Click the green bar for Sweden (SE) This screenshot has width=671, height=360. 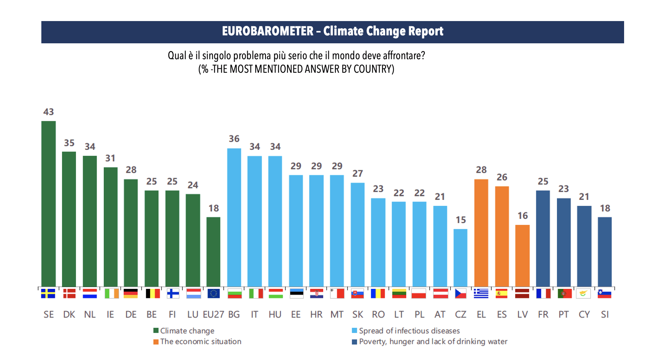click(48, 203)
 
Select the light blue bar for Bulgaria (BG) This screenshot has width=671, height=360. click(234, 217)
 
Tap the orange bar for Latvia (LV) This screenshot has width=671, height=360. click(522, 255)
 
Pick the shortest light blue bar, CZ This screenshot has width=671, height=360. click(460, 257)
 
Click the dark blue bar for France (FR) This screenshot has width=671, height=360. click(543, 238)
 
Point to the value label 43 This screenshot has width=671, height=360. click(48, 112)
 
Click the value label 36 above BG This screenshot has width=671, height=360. click(234, 139)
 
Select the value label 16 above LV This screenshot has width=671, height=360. click(522, 216)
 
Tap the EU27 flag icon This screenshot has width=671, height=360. click(213, 294)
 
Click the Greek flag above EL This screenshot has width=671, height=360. click(481, 294)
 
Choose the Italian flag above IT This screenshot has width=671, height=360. click(255, 294)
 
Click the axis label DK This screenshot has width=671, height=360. click(69, 315)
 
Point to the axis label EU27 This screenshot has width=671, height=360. click(213, 315)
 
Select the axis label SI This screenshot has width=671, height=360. click(605, 315)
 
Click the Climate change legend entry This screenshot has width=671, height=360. click(187, 331)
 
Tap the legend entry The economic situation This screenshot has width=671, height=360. click(200, 342)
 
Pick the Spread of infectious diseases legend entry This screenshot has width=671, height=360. click(409, 331)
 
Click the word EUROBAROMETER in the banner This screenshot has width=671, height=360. click(268, 31)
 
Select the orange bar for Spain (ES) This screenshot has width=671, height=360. click(502, 236)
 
